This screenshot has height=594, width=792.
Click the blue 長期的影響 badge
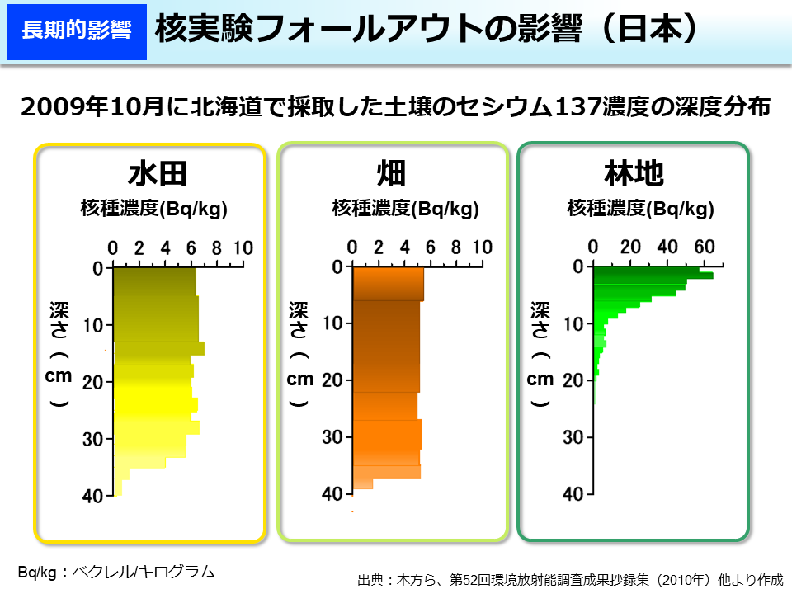(x=76, y=31)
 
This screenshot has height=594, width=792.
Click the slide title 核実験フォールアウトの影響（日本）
(x=427, y=30)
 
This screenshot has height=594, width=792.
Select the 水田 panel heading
(x=158, y=174)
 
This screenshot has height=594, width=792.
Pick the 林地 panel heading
(x=634, y=174)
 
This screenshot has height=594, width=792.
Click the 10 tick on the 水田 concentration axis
(x=243, y=247)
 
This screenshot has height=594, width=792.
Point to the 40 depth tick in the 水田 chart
(x=92, y=496)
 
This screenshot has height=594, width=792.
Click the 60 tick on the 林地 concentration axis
(x=704, y=247)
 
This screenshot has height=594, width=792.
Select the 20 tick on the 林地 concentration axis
(x=630, y=247)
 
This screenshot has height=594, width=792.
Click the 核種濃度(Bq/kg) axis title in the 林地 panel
(x=640, y=209)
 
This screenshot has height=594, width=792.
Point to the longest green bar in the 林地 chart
(x=653, y=275)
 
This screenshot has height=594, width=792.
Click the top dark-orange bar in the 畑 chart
(x=388, y=284)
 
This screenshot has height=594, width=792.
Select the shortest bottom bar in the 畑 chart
(x=363, y=483)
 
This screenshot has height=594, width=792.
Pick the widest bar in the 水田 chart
(x=158, y=348)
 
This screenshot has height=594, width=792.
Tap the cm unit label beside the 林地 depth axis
(x=540, y=379)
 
